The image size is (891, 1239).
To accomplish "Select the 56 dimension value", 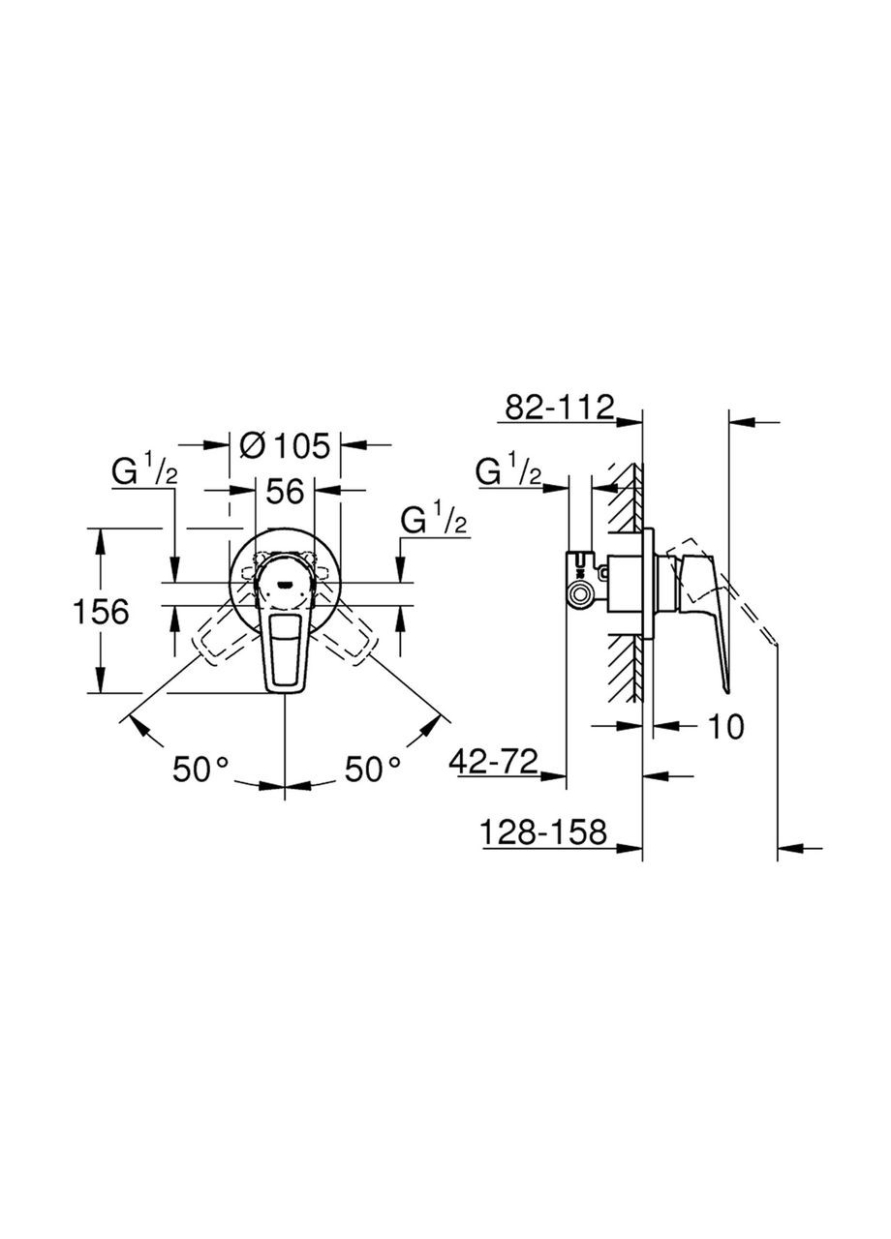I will pos(285,491).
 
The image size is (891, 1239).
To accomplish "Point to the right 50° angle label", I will pos(373,770).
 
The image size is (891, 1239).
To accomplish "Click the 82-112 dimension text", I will pos(558,408).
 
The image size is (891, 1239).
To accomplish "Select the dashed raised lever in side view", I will pos(746,600).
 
